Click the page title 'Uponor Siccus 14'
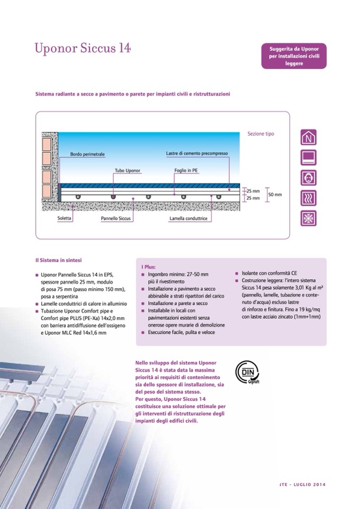[82, 49]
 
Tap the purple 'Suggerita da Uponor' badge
[293, 56]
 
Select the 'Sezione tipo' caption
[261, 134]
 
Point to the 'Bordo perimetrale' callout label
[87, 154]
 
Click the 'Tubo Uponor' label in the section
[127, 171]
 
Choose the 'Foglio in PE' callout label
[186, 171]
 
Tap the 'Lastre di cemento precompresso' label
[196, 153]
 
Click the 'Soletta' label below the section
[66, 218]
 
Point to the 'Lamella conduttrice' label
[187, 218]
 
